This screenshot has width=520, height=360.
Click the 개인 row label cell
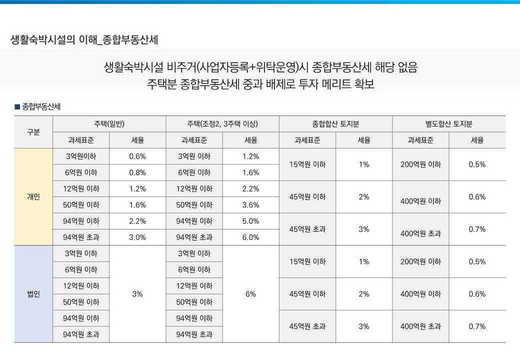(33, 196)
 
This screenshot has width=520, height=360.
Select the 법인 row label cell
(33, 294)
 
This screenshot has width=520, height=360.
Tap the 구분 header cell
(33, 132)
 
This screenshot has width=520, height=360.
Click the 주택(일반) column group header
(109, 123)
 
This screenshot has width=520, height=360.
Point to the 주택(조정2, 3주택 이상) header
(222, 123)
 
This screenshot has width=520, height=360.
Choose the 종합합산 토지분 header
(335, 123)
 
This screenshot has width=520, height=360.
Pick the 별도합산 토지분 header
(448, 123)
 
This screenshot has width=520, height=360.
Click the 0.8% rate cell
(137, 172)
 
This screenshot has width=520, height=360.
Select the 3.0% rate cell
(137, 237)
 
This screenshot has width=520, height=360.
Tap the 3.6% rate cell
(250, 205)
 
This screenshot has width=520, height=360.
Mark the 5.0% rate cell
(250, 221)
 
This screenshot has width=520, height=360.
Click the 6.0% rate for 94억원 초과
(250, 237)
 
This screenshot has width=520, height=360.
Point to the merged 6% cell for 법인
(250, 294)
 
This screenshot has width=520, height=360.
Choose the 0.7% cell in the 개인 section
(477, 229)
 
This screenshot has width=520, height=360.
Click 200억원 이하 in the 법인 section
(420, 261)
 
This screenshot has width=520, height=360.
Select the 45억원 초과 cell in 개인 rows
(307, 229)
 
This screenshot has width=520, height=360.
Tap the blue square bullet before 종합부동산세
(17, 106)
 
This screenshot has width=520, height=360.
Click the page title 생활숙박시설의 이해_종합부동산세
(84, 39)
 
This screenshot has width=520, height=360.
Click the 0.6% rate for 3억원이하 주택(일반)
(137, 156)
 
